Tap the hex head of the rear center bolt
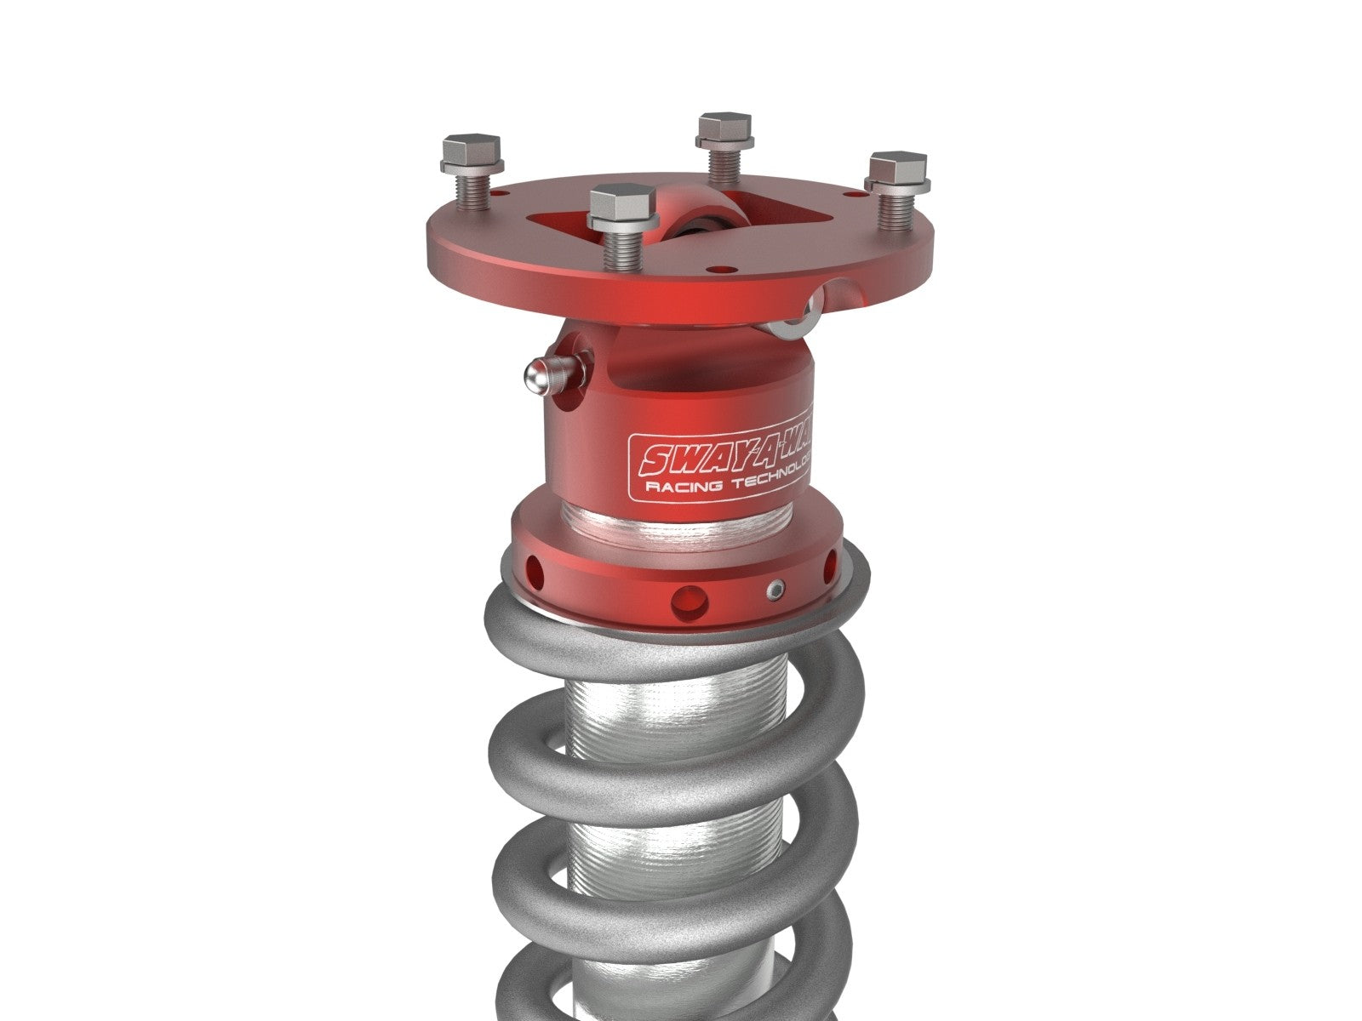[x=724, y=126]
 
